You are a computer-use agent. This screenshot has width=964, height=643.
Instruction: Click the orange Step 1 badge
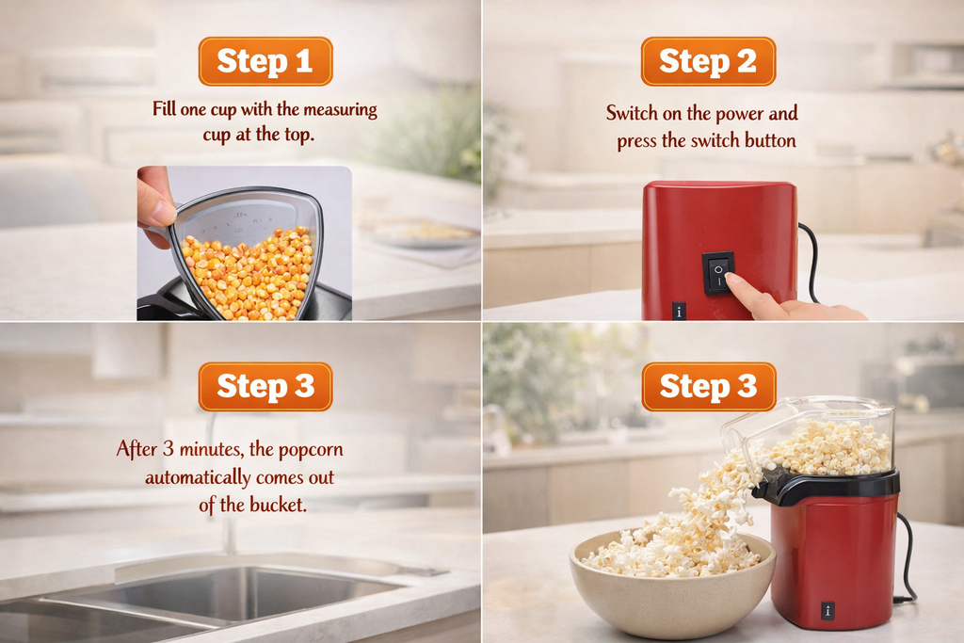click(x=265, y=61)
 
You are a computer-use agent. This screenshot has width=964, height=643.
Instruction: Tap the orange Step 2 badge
click(x=708, y=61)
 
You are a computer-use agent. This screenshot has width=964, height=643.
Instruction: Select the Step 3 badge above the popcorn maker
click(x=708, y=386)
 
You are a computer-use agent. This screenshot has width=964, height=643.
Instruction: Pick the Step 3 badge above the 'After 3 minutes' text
click(x=265, y=386)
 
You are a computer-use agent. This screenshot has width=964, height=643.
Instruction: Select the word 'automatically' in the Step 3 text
click(x=198, y=477)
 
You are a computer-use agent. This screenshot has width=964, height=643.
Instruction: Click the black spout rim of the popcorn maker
click(x=828, y=484)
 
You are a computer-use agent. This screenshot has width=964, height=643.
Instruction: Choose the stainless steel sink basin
click(x=235, y=593)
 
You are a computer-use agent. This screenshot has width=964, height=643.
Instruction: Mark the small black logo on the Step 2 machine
click(x=679, y=311)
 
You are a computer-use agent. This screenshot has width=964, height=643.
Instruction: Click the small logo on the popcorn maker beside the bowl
click(x=827, y=610)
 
